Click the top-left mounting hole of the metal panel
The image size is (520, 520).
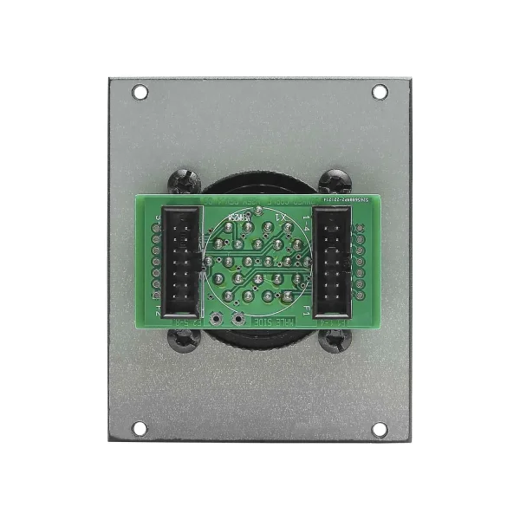pos(140,91)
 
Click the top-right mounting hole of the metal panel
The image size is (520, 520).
pos(380,91)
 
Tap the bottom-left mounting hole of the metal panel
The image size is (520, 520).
pos(140,428)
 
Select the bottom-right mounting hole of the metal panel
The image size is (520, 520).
pos(380,428)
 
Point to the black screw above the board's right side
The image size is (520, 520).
pos(335,183)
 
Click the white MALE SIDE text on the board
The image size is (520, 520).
pos(272,322)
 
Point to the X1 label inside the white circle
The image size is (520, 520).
pos(280,217)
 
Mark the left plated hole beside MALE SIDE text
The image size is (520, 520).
pos(215,319)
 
